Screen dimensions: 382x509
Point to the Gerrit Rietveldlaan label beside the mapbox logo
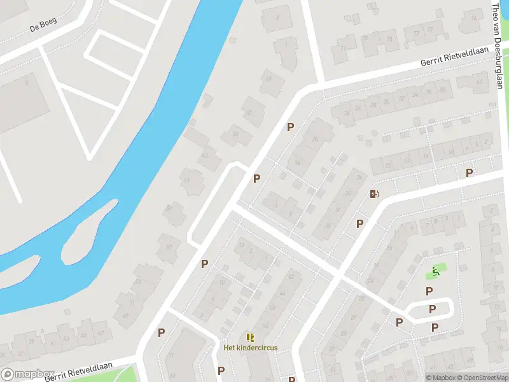click(79, 371)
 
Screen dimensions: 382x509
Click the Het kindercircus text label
click(250, 348)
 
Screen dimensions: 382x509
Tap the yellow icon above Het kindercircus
click(250, 337)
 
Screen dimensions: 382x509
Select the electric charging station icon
click(375, 194)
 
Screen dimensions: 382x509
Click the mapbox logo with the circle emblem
click(27, 375)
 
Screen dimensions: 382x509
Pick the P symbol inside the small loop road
click(432, 309)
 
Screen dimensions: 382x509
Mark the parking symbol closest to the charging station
click(360, 223)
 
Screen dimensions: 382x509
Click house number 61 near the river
click(186, 180)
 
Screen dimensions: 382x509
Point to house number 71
click(344, 48)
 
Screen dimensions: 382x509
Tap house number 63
click(204, 155)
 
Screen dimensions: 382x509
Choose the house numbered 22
click(387, 165)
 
